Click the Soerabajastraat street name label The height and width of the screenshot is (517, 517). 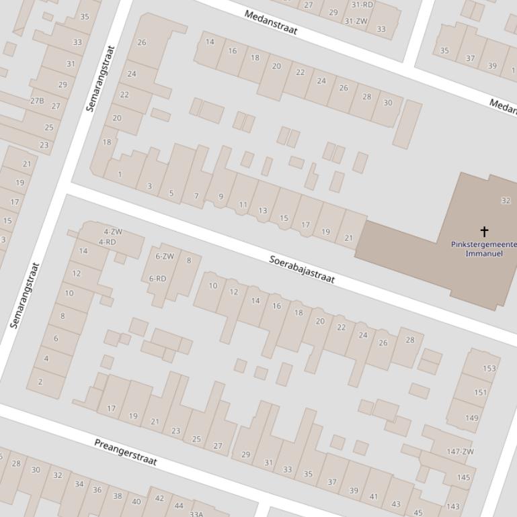coord(302,269)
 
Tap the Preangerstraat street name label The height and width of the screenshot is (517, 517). coord(126,452)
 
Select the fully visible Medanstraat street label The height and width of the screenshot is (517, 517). coord(271,22)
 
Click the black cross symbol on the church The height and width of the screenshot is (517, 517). coord(484,232)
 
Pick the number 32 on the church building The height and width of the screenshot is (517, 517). coord(506,201)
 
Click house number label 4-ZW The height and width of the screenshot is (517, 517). coord(113,232)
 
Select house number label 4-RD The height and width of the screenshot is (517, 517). coord(108,242)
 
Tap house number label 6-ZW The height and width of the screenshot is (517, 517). coord(165,256)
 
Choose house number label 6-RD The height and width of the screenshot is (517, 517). coord(157,279)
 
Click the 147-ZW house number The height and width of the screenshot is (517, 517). coord(461,452)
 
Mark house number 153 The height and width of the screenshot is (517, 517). coord(489,368)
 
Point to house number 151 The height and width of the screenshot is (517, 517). coord(481,393)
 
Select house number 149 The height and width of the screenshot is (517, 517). coord(472,418)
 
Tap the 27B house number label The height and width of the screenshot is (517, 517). coord(36,101)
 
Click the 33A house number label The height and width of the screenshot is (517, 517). coord(196,514)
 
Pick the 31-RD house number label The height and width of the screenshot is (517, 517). coord(362,5)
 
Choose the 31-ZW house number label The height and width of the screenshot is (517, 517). coord(356,21)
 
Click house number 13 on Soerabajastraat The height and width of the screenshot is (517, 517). coord(263,210)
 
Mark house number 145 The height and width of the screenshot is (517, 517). coord(464,477)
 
